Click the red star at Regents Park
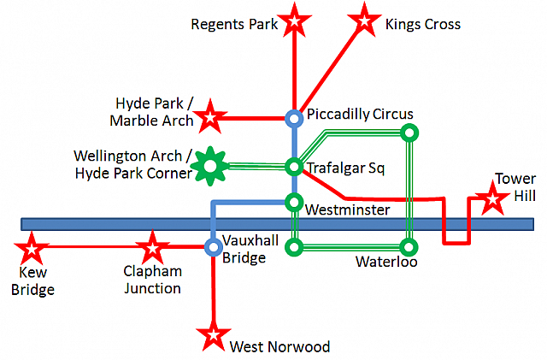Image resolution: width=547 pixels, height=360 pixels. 294,21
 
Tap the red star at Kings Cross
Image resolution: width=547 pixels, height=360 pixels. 364,21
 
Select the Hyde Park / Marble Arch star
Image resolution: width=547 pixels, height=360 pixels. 210,117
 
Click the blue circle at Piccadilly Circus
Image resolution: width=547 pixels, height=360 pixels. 294,119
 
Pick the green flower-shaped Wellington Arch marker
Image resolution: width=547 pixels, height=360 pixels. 210,166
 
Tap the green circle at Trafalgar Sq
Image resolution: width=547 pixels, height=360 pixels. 294,167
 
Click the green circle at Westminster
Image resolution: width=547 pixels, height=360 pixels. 294,202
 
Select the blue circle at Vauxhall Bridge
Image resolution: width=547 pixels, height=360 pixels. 213,247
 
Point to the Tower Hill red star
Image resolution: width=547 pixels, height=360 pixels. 492,198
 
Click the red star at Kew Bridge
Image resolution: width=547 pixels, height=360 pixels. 32,249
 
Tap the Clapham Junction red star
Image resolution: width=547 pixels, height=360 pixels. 152,248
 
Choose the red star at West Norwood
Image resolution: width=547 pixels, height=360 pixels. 213,335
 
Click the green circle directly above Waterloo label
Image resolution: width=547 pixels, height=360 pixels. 409,247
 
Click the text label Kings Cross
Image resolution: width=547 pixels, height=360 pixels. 423,24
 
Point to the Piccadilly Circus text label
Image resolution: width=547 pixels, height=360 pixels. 360,115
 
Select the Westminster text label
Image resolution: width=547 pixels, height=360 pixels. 348,210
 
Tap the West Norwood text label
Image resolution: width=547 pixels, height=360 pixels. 279,346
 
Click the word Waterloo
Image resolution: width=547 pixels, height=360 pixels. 386,262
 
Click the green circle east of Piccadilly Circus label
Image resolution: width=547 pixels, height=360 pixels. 409,133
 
